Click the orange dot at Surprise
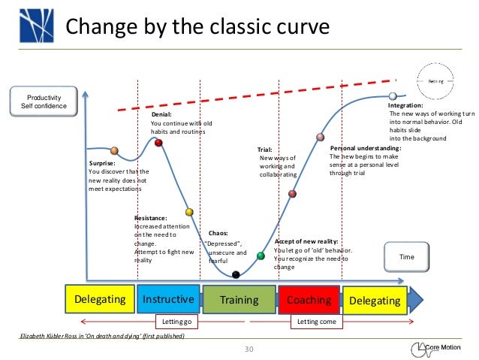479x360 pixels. point(114,150)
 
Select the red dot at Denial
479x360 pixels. point(158,142)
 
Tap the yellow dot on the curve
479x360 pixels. point(189,212)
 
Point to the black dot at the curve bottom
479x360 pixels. point(236,274)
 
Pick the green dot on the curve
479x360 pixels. point(261,256)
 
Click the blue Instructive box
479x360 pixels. point(168,300)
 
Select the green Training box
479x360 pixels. point(239,300)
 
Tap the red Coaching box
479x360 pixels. point(309,300)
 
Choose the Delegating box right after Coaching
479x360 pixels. point(375,300)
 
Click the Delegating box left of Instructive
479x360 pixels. point(100,300)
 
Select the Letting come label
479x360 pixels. point(316,322)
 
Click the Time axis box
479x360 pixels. point(406,257)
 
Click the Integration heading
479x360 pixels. point(405,106)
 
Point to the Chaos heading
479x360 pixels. point(218,233)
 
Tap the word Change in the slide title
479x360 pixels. point(96,28)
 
